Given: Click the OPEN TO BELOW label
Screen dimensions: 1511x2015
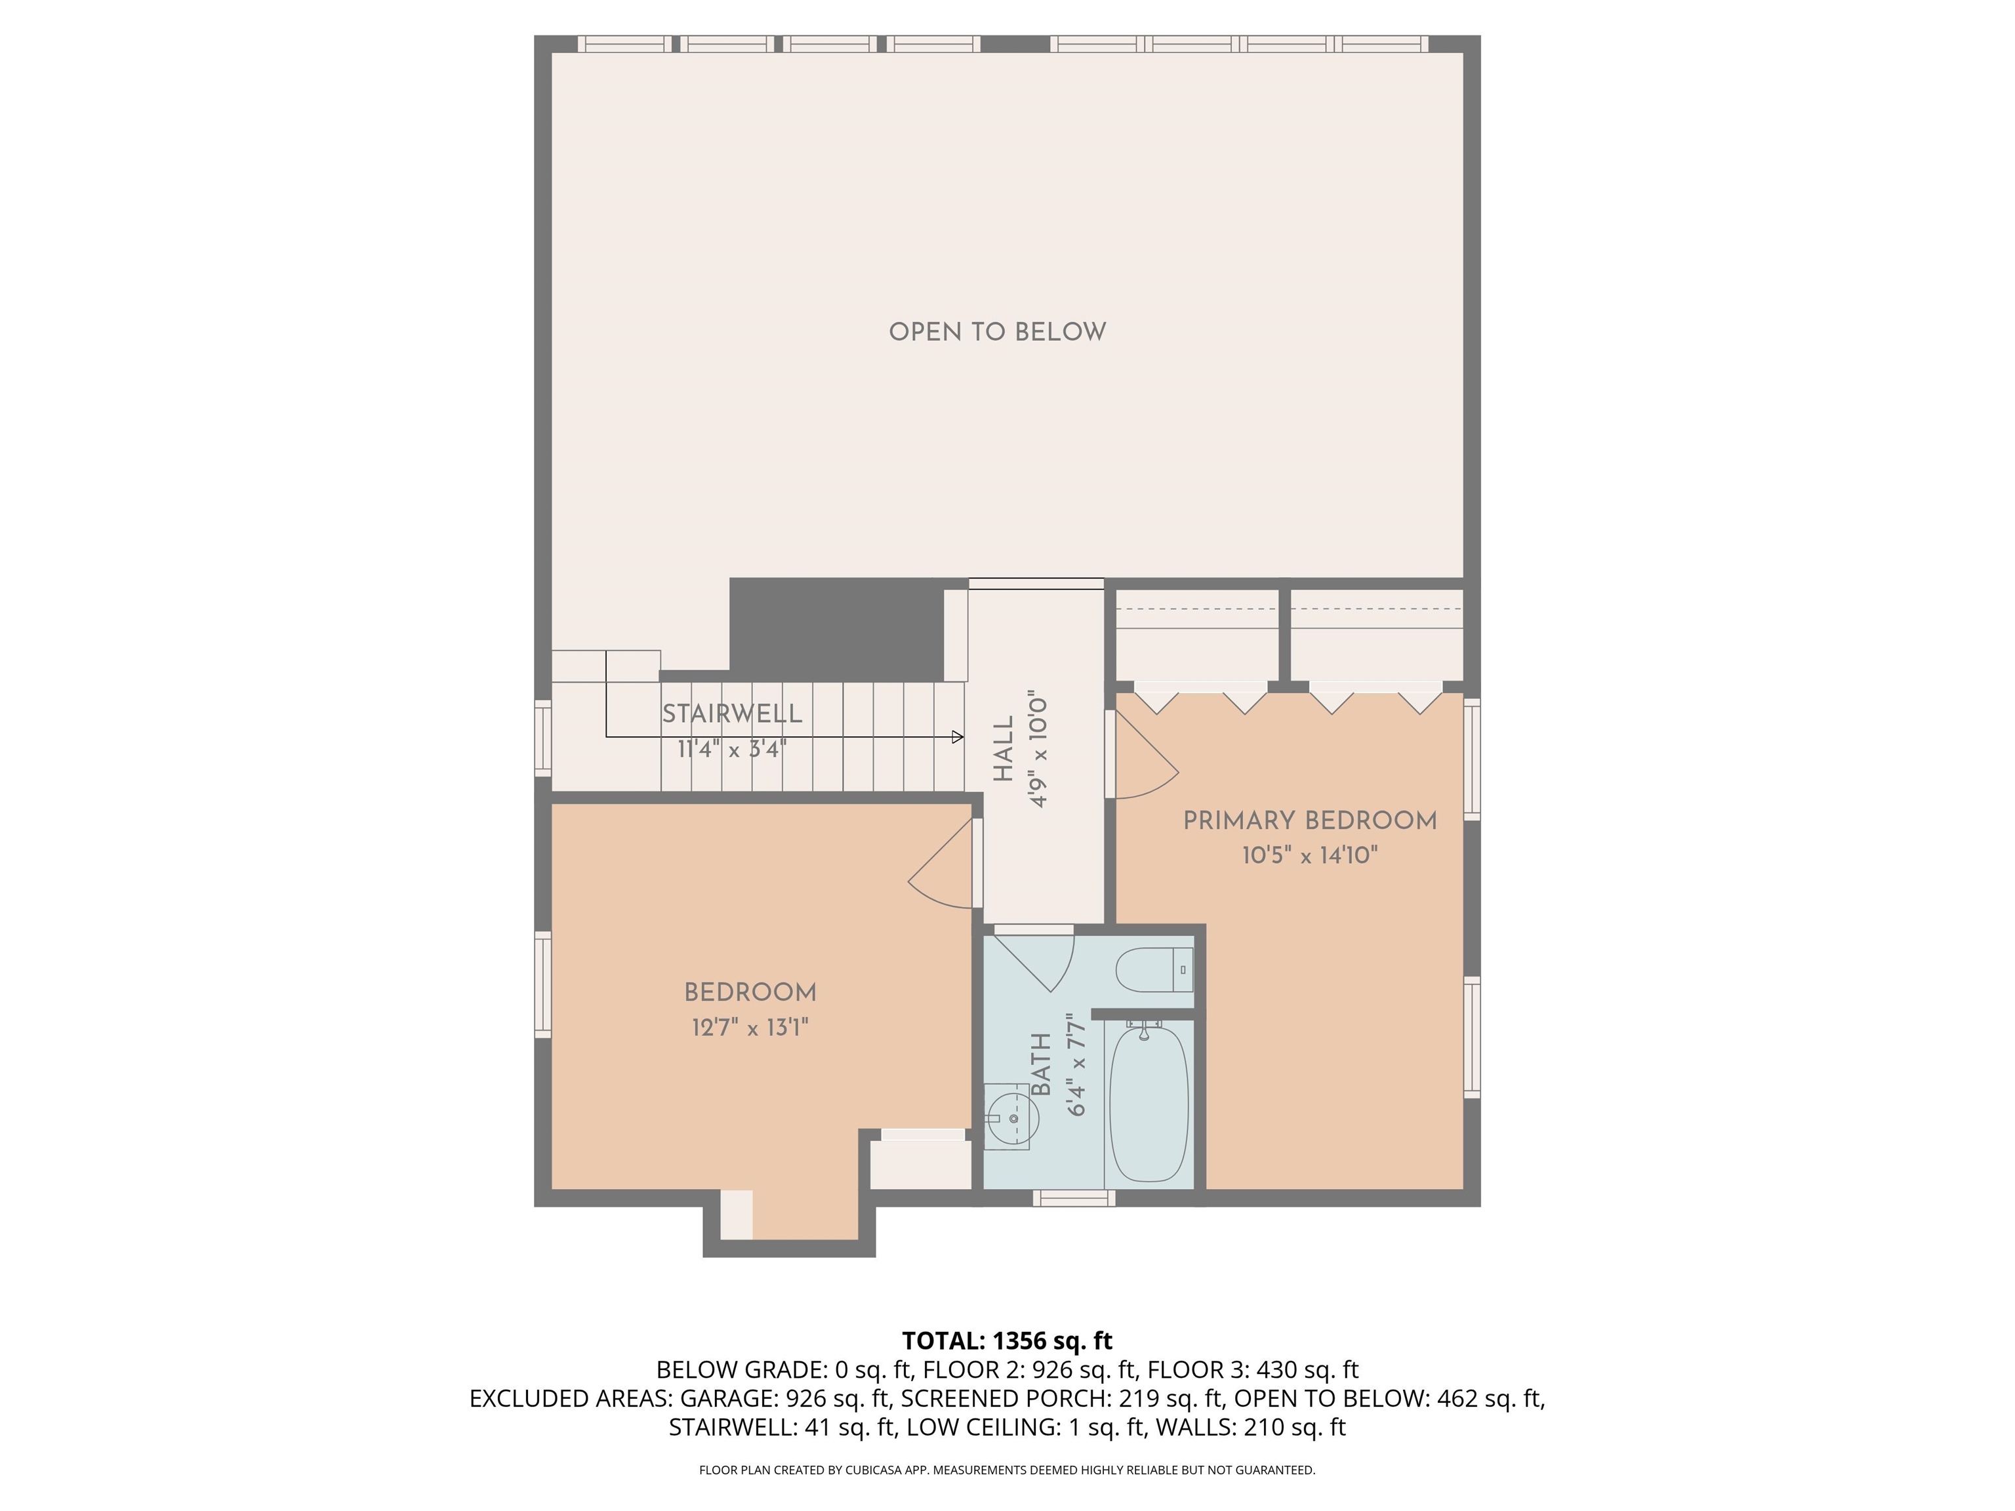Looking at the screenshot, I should point(998,332).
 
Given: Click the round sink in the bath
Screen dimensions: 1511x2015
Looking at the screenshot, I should point(1013,1118).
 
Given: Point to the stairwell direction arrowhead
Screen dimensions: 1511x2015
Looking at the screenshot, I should point(958,737).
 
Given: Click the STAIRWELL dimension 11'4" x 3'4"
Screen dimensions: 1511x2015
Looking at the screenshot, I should point(731,750).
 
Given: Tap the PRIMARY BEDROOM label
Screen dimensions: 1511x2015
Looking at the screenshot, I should point(1309,820).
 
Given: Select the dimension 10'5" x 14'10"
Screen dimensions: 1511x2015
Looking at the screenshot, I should point(1309,856).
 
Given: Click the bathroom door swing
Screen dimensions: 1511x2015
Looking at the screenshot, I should point(1038,961).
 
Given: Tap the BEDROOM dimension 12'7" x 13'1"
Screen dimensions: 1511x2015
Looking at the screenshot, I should point(750,1028).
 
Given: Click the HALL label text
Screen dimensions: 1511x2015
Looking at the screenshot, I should point(1003,749).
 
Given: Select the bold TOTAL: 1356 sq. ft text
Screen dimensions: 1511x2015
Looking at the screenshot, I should point(1007,1340).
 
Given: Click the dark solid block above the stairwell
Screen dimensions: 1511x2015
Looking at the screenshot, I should point(836,626).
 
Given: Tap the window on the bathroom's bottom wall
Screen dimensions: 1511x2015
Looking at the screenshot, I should point(1074,1199).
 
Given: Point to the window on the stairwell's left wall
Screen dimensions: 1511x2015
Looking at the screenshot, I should point(543,738).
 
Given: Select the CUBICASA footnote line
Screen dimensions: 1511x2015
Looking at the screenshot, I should point(1007,1469).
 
